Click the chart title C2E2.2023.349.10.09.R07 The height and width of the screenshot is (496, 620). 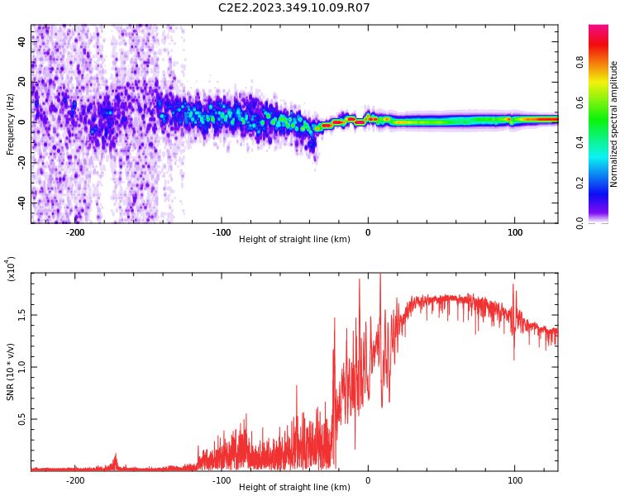[293, 8]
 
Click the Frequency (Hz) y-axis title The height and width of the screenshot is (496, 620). [11, 124]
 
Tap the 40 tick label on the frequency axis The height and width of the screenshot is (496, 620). [22, 42]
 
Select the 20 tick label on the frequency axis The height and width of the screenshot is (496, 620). [22, 83]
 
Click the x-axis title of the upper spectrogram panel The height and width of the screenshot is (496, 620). [294, 240]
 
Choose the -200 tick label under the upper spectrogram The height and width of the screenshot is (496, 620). [75, 232]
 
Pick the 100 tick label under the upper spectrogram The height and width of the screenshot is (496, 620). [514, 232]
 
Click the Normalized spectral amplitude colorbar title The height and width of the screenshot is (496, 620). [614, 124]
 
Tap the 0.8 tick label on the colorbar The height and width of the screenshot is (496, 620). [602, 62]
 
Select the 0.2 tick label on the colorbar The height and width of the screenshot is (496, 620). [602, 183]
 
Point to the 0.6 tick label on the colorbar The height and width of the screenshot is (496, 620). [602, 103]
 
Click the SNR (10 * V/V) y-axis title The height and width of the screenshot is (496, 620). [11, 372]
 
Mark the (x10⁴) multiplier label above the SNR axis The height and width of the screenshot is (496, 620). [11, 269]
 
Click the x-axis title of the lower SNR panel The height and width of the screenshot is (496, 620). [294, 488]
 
